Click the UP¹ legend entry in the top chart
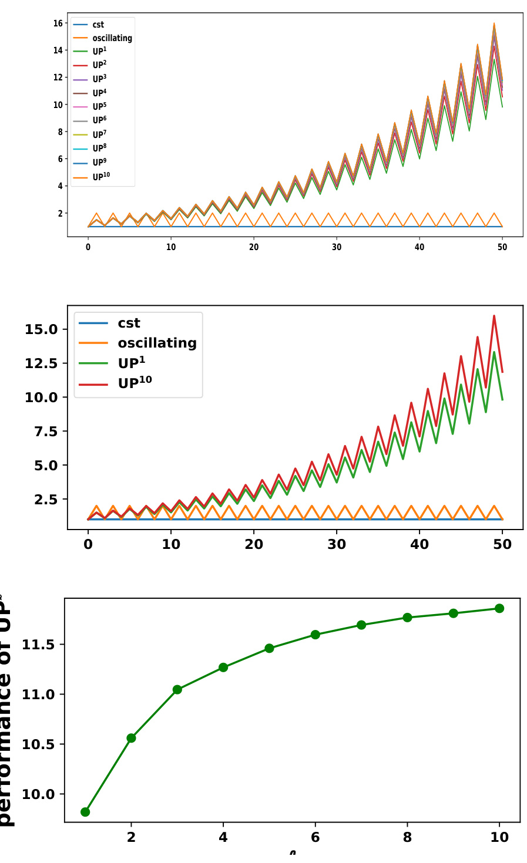99,52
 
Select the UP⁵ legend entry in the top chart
99,107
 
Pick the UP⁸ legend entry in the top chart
99,149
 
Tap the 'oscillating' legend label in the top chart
112,38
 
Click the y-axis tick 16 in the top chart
58,23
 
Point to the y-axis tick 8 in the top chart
59,132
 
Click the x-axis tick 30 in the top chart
337,247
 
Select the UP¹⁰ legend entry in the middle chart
135,384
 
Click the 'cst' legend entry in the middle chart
129,323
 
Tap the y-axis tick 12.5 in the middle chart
41,363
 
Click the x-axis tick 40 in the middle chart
419,544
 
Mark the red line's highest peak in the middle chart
494,316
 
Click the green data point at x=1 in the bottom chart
85,812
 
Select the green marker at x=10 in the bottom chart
499,608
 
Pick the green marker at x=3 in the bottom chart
177,690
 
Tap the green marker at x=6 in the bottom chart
315,635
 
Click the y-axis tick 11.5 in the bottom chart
38,645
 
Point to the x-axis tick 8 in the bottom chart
407,837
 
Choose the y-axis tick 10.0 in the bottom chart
38,794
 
